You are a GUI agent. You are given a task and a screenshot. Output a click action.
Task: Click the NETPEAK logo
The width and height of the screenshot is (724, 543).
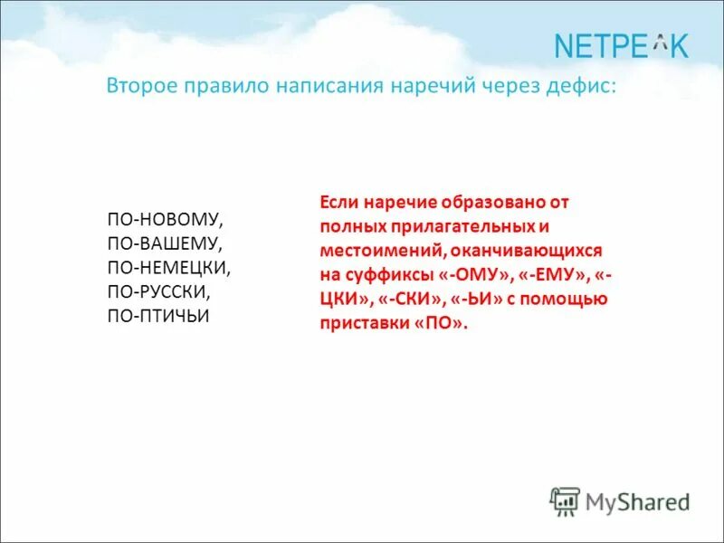621,44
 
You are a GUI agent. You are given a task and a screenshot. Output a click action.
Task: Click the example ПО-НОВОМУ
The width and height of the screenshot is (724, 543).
165,220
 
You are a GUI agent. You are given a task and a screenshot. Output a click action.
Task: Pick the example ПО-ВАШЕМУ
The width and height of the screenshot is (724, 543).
165,244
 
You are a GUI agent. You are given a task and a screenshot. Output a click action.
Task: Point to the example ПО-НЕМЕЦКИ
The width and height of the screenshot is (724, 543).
169,269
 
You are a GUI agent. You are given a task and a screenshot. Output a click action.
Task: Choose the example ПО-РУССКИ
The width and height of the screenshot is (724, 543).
159,293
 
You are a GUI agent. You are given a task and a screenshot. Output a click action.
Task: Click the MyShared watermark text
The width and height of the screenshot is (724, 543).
637,500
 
